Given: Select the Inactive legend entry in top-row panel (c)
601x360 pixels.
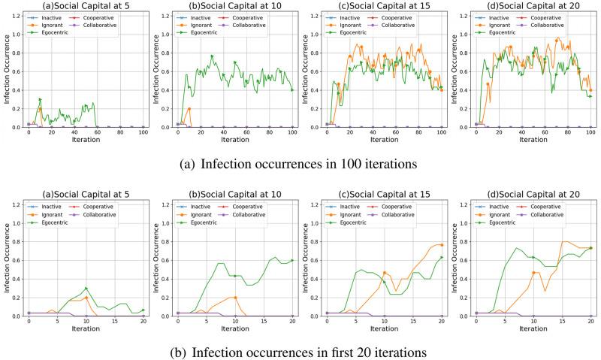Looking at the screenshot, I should (x=346, y=17).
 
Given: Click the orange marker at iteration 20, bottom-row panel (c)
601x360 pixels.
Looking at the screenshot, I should (x=441, y=245).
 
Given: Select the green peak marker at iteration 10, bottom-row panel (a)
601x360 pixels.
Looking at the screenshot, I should (x=86, y=289).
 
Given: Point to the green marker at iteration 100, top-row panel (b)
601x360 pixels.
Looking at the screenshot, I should (x=292, y=89).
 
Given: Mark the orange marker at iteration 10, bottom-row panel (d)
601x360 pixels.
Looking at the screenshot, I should (x=533, y=273).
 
